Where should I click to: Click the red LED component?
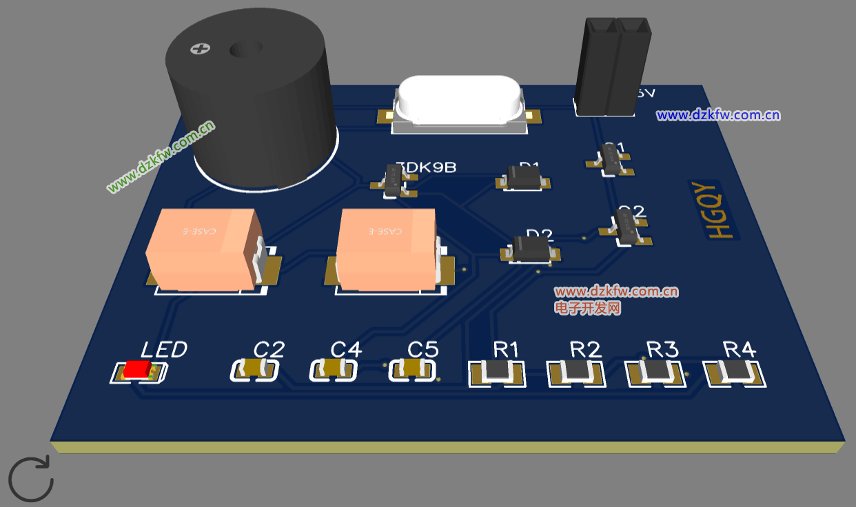point(138,370)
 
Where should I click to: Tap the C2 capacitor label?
point(269,350)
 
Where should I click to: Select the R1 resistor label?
point(506,350)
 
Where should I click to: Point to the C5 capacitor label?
point(422,350)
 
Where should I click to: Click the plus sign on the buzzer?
point(200,49)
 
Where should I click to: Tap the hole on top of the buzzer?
point(245,50)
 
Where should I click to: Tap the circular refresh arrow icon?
point(31,478)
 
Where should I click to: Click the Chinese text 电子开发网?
point(588,308)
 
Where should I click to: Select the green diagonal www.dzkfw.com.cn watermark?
point(161,156)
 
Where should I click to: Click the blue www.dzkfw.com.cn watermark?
point(717,115)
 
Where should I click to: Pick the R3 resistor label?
point(662,350)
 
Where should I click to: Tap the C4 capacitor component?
point(334,371)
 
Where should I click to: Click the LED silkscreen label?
point(164,350)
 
